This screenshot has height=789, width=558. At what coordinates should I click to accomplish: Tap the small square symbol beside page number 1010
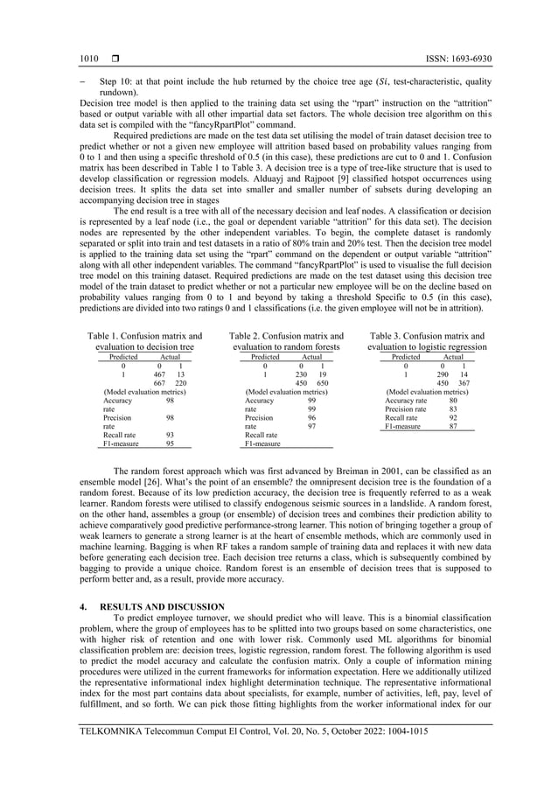tap(115, 58)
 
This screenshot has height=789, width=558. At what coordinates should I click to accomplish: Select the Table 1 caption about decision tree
tap(145, 341)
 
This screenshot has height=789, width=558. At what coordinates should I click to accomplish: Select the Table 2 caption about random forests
tap(285, 341)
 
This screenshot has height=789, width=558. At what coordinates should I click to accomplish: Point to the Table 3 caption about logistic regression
tap(427, 341)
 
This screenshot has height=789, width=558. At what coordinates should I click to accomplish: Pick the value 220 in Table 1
tap(181, 383)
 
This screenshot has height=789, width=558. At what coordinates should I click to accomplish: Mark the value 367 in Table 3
tap(464, 383)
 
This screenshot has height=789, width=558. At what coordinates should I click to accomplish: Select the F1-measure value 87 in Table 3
tap(453, 427)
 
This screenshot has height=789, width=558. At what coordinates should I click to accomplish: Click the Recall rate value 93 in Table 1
tap(170, 435)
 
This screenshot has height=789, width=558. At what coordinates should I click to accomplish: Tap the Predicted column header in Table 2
tap(265, 357)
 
